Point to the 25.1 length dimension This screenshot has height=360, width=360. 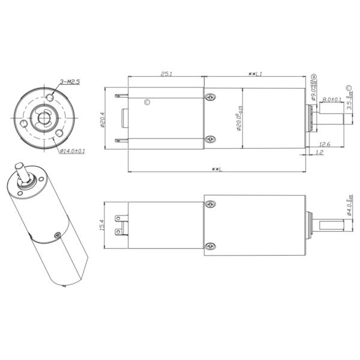click(x=166, y=74)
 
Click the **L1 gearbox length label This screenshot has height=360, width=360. click(x=256, y=74)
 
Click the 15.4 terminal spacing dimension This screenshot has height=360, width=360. click(x=103, y=226)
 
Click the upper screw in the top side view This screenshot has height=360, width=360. click(x=210, y=97)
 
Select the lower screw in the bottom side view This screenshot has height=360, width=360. click(x=210, y=246)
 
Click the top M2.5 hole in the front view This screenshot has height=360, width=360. click(x=52, y=97)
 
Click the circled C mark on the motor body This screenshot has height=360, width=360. click(x=148, y=102)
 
